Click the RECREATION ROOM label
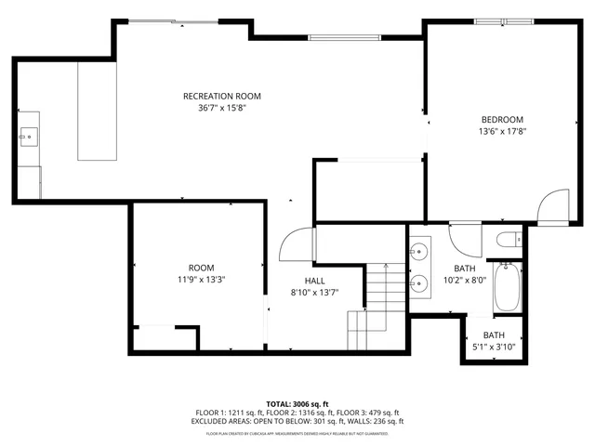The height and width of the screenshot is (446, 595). coord(221,96)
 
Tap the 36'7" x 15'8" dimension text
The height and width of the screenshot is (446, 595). coord(221,108)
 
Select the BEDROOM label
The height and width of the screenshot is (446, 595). coord(502,119)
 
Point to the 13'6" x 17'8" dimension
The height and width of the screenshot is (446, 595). coord(502,131)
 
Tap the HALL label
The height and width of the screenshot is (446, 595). coord(314,281)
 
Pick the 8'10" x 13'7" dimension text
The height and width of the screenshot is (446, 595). coord(314,293)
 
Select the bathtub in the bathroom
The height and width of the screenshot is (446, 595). coord(509,287)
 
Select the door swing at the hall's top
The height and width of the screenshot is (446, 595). coord(296,245)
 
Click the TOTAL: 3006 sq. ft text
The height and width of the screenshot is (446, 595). coord(297,404)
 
